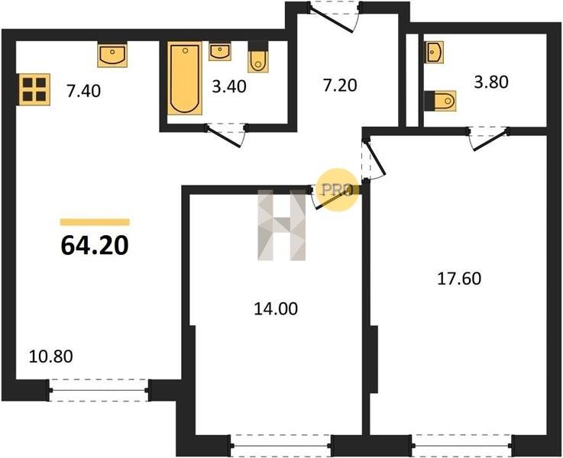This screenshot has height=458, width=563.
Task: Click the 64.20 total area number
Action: tap(95, 246)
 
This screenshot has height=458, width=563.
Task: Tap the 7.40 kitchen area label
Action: tap(84, 91)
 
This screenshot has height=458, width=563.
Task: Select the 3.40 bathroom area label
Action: tap(229, 87)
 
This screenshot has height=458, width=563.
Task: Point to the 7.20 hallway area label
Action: tap(340, 85)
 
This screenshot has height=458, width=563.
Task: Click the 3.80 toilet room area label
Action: tap(491, 82)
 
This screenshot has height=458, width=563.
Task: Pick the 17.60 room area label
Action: tap(459, 279)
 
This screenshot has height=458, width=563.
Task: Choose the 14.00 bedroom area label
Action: tap(276, 309)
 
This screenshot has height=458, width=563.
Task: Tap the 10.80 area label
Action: tap(50, 356)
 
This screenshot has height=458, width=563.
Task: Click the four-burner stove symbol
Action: tap(34, 89)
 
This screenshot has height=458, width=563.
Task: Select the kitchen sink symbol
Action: tap(112, 54)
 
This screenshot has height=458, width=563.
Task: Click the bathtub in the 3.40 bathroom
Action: tap(185, 79)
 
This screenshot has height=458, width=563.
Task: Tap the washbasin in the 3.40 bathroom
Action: tap(220, 51)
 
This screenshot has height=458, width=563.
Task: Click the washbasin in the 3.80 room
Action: tap(434, 52)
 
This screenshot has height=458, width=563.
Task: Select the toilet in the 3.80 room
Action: tap(440, 101)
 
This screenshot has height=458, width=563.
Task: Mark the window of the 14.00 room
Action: tap(280, 446)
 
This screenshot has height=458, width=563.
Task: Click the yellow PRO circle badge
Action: tap(338, 190)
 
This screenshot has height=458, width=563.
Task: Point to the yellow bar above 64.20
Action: tap(95, 222)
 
